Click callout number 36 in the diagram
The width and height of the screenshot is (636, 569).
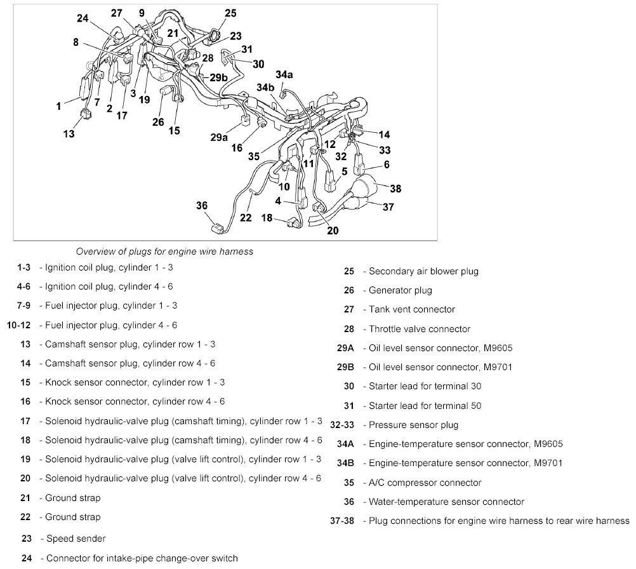202,205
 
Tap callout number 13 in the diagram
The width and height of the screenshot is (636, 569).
69,134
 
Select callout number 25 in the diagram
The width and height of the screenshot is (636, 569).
230,12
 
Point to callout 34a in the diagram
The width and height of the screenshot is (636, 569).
284,74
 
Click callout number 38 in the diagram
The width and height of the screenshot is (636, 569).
395,189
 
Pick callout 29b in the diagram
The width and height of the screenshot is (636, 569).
218,77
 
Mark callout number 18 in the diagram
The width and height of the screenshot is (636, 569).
267,218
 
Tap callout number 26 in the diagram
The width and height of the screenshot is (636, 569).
157,121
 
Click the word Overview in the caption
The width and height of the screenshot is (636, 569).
95,251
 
